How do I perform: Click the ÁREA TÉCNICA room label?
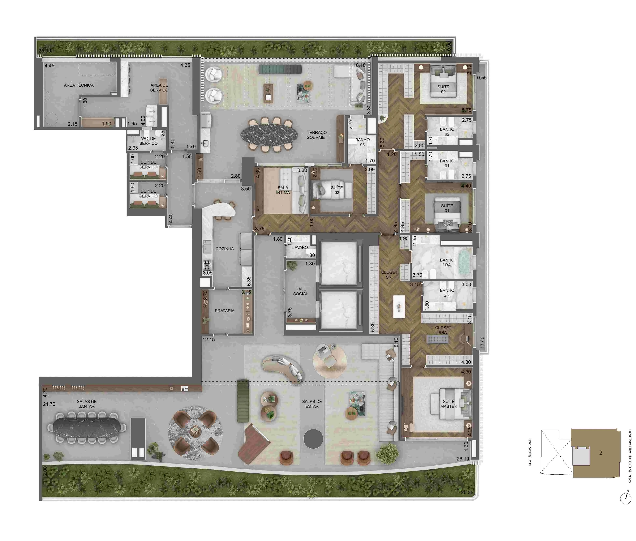(x=79, y=85)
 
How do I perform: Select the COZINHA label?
(x=224, y=249)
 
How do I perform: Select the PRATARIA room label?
(x=224, y=311)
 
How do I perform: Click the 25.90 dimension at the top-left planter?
(x=45, y=51)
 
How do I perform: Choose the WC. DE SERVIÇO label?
(x=148, y=141)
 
